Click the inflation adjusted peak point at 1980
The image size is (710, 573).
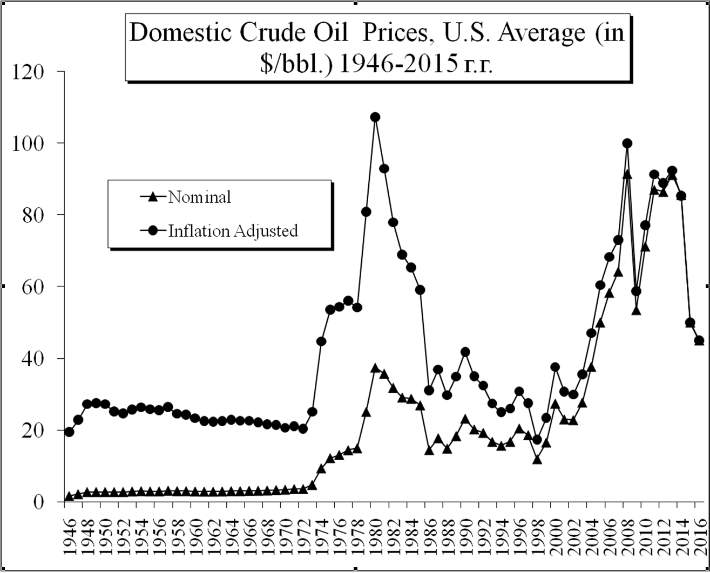[375, 117]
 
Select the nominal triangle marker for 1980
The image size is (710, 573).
[375, 368]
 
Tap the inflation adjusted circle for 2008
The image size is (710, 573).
[627, 143]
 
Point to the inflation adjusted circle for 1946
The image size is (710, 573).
[69, 432]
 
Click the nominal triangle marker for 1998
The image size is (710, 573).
[537, 459]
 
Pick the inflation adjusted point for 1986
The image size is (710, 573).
[429, 390]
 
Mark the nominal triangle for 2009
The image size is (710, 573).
[636, 310]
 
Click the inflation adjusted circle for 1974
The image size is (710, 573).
[321, 341]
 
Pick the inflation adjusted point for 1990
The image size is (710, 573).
[465, 352]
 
